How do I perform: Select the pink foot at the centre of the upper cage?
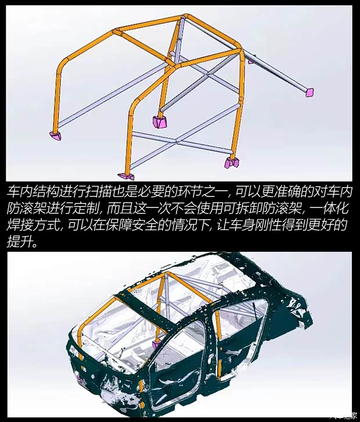pyautogui.click(x=159, y=122)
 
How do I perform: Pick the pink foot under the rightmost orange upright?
pyautogui.click(x=231, y=162)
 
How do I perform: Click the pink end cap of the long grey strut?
pyautogui.click(x=309, y=92)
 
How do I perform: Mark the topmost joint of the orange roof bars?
pyautogui.click(x=182, y=19)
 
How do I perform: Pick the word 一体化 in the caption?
pyautogui.click(x=333, y=208)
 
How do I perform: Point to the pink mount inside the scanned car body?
pyautogui.click(x=156, y=345)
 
